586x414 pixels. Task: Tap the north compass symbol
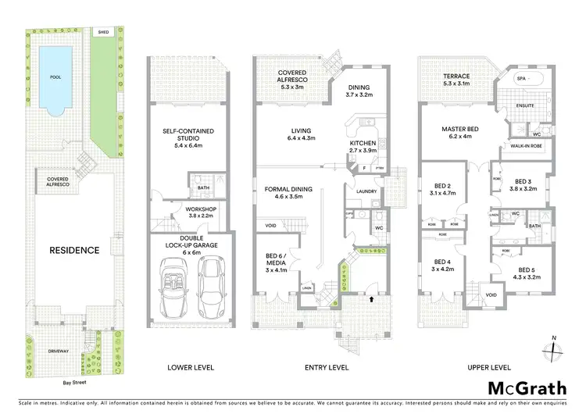[552, 348]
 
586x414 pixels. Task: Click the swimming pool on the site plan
[55, 78]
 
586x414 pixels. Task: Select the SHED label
[103, 32]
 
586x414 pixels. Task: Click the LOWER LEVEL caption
[190, 367]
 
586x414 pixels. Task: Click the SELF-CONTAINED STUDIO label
[189, 135]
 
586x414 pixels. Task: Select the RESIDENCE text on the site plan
[74, 250]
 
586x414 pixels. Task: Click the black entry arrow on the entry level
[371, 298]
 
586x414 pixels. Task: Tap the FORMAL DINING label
[288, 189]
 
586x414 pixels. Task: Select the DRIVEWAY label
[58, 352]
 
